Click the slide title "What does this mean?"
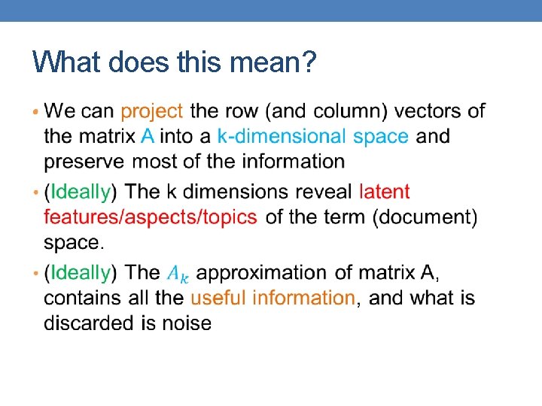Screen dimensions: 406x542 [x=174, y=62]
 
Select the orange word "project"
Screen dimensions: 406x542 [x=151, y=111]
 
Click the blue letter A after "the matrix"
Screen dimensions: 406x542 [x=149, y=136]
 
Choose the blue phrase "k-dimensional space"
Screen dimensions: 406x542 [x=312, y=136]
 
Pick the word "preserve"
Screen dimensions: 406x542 [x=84, y=161]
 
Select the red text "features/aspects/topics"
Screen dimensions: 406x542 [x=151, y=217]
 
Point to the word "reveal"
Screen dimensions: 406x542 [x=319, y=192]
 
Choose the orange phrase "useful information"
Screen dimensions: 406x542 [x=273, y=298]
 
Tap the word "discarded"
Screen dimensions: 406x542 [x=90, y=323]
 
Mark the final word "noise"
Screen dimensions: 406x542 [x=187, y=323]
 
